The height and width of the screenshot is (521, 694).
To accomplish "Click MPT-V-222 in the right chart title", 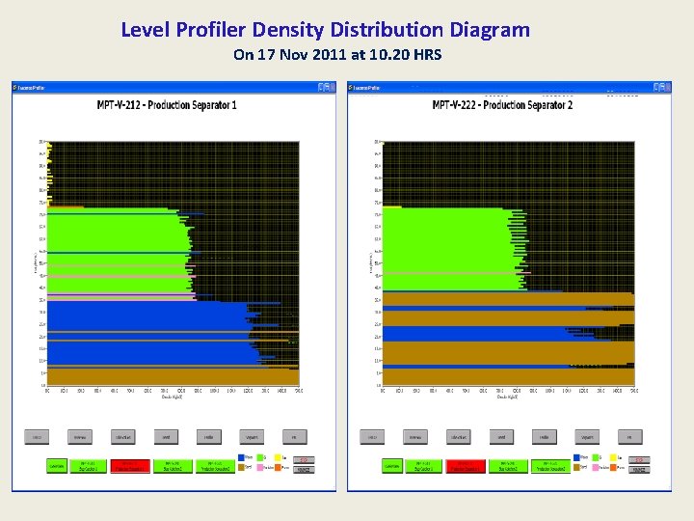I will [462, 105].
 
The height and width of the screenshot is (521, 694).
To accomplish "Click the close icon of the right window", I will [664, 87].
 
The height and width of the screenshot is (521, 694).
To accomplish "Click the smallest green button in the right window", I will [391, 466].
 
